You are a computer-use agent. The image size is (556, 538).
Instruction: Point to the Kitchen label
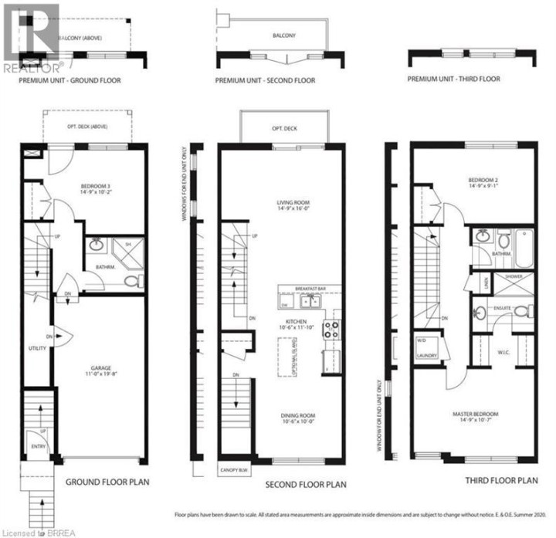[x=296, y=321]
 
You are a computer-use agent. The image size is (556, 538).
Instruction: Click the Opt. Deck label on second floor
[x=284, y=130]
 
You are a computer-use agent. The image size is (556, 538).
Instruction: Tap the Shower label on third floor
[x=514, y=276]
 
